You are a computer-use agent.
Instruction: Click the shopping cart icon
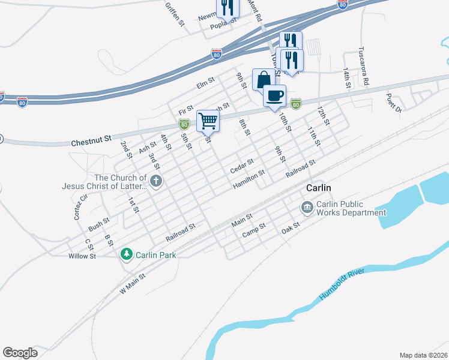pyautogui.click(x=208, y=121)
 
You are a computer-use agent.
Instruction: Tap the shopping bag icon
pyautogui.click(x=264, y=79)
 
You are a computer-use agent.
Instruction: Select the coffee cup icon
pyautogui.click(x=275, y=96)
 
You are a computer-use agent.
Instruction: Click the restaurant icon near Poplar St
pyautogui.click(x=228, y=6)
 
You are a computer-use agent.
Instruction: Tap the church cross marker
pyautogui.click(x=155, y=181)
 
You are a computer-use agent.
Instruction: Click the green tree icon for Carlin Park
pyautogui.click(x=126, y=255)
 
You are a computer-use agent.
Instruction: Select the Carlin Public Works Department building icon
pyautogui.click(x=307, y=208)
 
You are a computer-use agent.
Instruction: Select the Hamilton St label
pyautogui.click(x=249, y=179)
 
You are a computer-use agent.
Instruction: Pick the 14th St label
pyautogui.click(x=347, y=77)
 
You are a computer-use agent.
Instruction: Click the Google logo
pyautogui.click(x=20, y=353)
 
